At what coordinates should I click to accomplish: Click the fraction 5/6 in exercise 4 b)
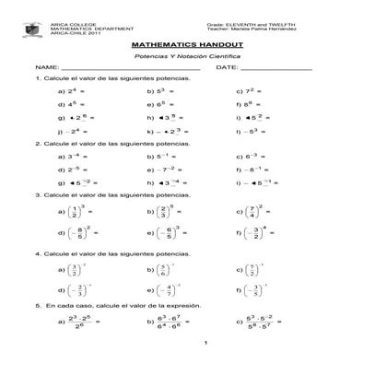pyautogui.click(x=163, y=270)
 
